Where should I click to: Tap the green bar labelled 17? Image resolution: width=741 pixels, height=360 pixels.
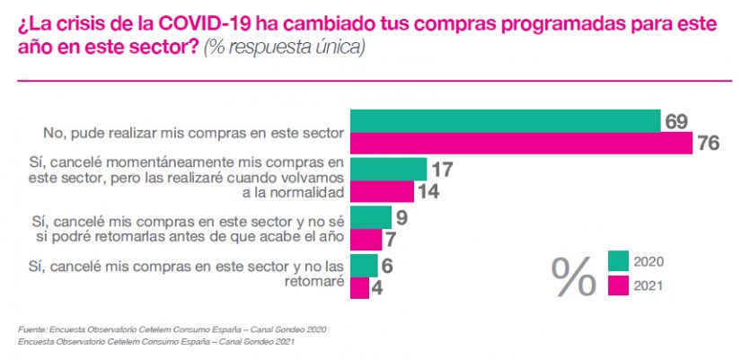(x=388, y=169)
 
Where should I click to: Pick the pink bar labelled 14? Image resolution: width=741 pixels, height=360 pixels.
(x=382, y=191)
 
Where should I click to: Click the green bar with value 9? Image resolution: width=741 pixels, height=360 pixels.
(x=370, y=217)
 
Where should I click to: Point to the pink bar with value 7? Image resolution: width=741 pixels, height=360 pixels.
(x=366, y=240)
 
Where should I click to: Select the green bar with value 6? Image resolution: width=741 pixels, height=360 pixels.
(x=364, y=265)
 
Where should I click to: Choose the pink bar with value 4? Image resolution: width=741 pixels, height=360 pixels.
(x=359, y=287)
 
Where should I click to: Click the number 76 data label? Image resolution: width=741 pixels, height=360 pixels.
(x=710, y=144)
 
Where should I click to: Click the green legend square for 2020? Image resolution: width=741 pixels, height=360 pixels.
(x=618, y=261)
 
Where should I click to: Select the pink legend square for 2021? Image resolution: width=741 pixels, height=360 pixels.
(x=618, y=285)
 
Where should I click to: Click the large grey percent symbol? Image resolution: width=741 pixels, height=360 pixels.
(x=574, y=277)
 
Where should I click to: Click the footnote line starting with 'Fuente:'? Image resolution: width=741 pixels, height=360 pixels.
(x=172, y=329)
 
